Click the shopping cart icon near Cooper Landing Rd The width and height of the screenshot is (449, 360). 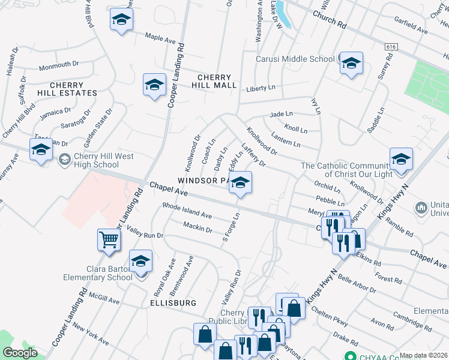point(109,240)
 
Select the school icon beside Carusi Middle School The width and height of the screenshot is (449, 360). point(351,63)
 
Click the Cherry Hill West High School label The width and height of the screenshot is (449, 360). point(96,160)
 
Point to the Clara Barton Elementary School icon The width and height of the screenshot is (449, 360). point(141,262)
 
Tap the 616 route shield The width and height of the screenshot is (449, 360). point(391,46)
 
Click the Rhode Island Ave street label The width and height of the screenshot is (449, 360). point(187,211)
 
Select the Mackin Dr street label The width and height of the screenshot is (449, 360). point(197,227)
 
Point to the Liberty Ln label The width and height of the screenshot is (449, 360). point(261,88)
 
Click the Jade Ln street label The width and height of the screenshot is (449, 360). point(281,113)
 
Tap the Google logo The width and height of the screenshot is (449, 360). point(20,353)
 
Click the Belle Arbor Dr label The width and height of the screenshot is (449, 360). point(357,282)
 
